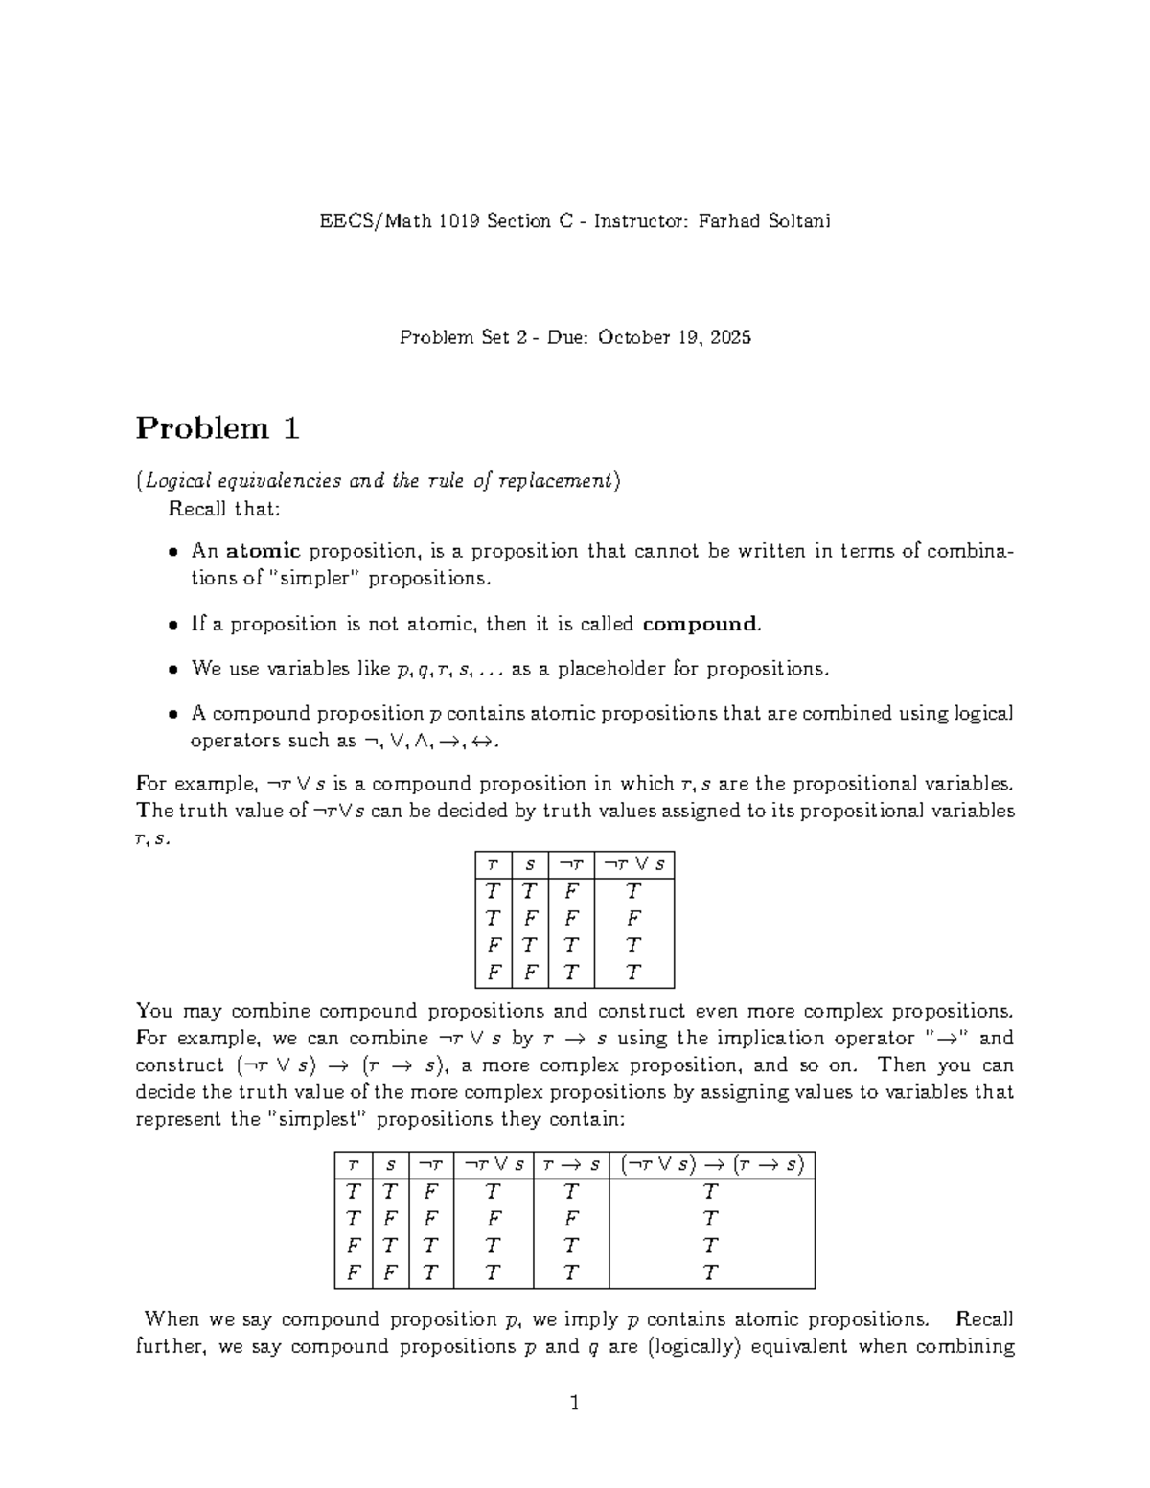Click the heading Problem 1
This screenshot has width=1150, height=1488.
point(218,428)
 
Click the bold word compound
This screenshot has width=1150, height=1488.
point(701,625)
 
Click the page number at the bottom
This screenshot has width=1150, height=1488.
point(575,1404)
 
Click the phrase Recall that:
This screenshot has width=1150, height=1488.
point(224,509)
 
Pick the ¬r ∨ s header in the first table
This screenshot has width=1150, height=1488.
point(633,864)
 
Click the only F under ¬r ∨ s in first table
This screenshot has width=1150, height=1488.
point(633,919)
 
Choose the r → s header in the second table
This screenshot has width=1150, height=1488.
point(570,1165)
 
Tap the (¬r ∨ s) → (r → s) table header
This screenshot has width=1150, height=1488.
point(711,1165)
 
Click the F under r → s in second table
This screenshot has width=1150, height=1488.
point(570,1220)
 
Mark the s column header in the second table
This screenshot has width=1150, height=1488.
point(390,1165)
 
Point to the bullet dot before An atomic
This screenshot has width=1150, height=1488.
point(172,552)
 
